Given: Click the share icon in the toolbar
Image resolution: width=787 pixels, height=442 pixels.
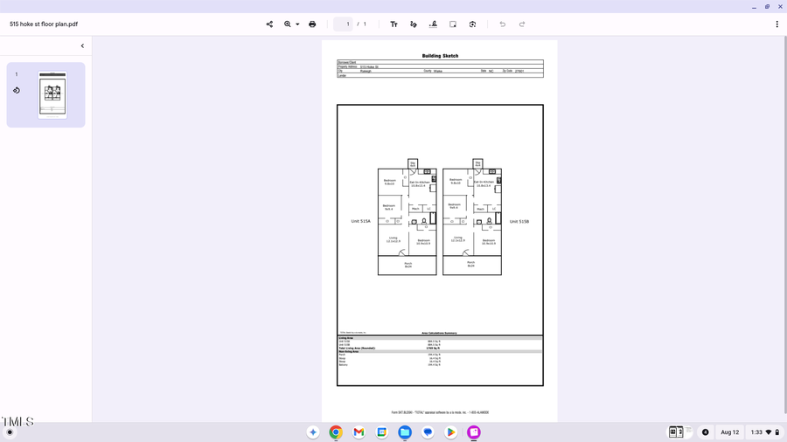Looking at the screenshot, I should [269, 24].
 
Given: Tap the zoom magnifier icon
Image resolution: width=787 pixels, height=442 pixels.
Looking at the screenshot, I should [288, 24].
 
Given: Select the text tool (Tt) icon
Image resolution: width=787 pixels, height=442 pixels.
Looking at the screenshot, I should [393, 24].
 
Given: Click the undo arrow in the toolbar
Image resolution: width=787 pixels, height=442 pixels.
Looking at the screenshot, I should [502, 24].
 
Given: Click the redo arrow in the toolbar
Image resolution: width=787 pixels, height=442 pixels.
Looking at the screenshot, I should [522, 24].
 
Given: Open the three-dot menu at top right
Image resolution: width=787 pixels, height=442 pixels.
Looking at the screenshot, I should [777, 24].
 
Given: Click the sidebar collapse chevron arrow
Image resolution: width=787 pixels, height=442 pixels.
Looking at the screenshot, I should [83, 46].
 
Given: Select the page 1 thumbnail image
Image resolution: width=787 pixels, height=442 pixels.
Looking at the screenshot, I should [52, 94].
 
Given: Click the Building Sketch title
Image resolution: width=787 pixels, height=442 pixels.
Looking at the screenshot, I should [440, 56].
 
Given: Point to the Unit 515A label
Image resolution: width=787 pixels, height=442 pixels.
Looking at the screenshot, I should [360, 222].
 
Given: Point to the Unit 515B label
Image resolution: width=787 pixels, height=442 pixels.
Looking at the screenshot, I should [519, 222].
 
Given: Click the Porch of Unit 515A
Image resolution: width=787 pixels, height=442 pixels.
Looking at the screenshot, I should [407, 265].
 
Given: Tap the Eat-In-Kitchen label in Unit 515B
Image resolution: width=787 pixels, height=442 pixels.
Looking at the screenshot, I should [483, 183].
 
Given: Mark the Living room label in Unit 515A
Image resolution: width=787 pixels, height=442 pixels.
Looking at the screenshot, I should [393, 239].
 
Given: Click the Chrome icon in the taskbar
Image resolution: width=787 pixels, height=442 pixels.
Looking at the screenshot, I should [336, 432].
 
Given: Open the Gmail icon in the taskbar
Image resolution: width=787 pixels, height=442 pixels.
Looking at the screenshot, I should [359, 432].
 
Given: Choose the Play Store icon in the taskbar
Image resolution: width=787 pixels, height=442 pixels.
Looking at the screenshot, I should [450, 432].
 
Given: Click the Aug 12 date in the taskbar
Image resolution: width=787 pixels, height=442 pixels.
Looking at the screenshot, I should [729, 432].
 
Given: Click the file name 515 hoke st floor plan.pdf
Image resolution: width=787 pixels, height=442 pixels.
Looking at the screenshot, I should [44, 24].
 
